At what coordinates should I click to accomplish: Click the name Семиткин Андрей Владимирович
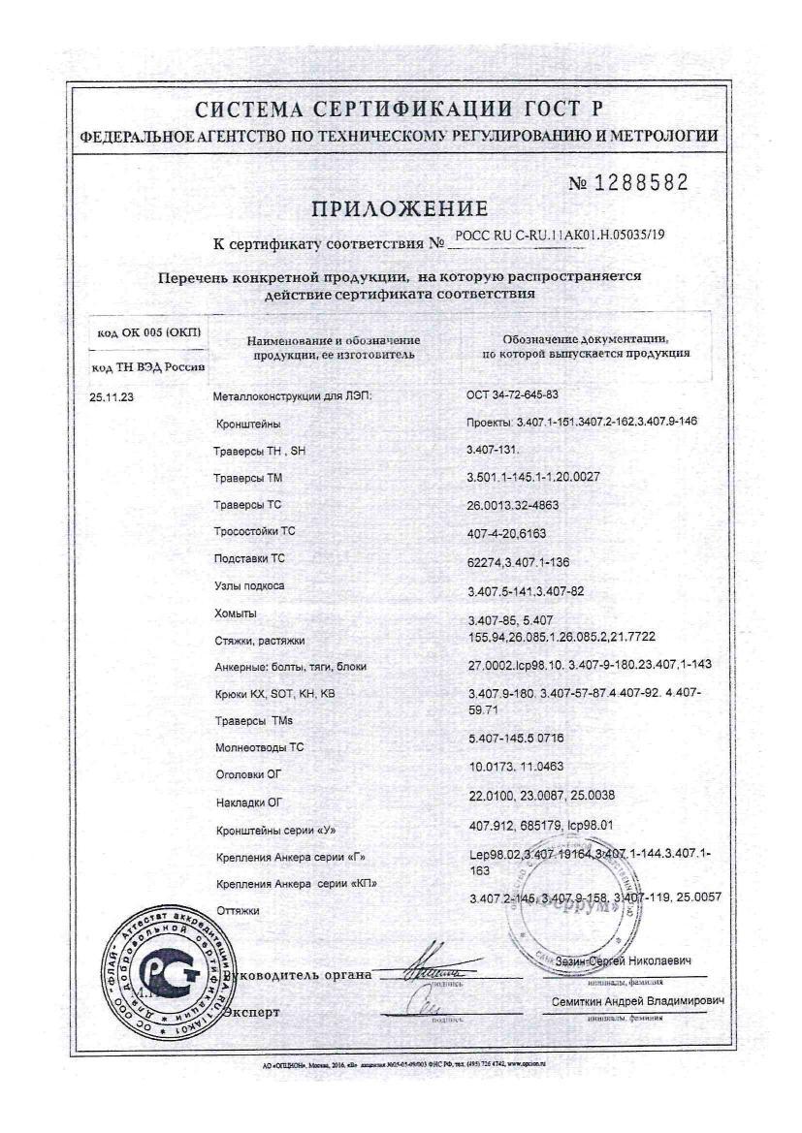coord(638,1000)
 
